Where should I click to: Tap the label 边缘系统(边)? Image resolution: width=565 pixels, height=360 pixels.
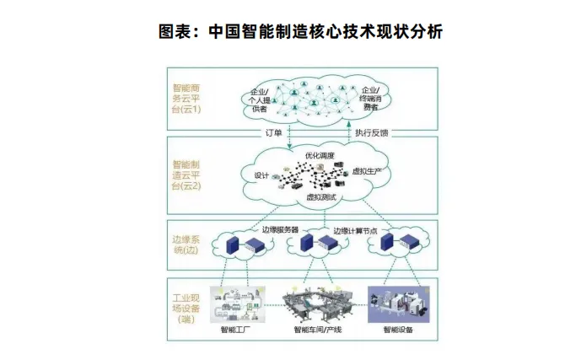(187, 244)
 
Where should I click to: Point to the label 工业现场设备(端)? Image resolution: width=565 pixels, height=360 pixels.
(186, 307)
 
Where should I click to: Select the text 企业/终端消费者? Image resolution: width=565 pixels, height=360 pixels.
(370, 98)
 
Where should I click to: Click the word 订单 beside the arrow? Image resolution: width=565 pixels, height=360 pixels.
(273, 132)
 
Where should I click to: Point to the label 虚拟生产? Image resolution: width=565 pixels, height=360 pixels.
(367, 171)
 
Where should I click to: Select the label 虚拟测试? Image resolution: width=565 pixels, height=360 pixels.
(321, 196)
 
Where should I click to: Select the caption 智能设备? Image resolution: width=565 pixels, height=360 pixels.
(399, 330)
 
